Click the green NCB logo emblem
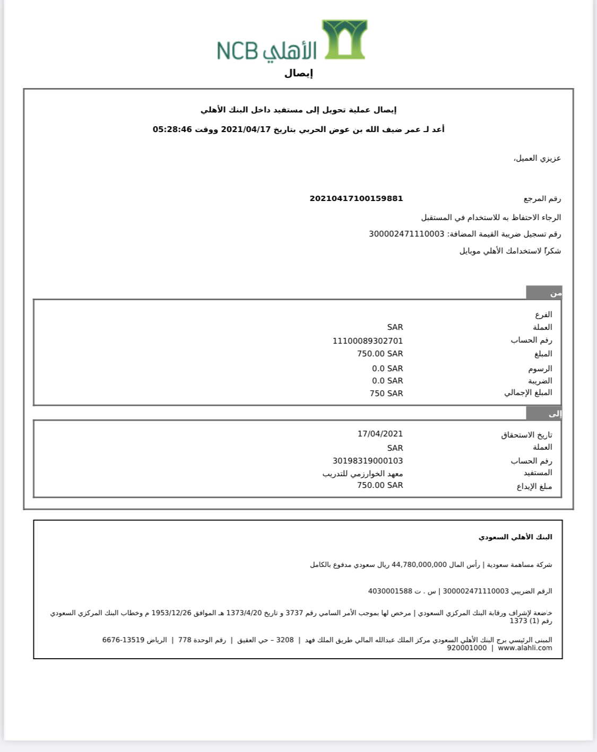[344, 40]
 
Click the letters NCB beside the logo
[237, 51]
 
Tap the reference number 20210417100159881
[356, 198]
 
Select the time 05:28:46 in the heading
[172, 129]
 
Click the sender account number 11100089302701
[367, 340]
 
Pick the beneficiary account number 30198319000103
[367, 461]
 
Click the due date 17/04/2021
[380, 434]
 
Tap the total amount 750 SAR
[386, 394]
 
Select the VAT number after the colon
[406, 234]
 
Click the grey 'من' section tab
[544, 293]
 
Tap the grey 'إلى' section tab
[544, 414]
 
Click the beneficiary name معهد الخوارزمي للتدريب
[362, 474]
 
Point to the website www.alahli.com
[524, 648]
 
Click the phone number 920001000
[466, 648]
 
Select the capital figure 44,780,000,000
[419, 565]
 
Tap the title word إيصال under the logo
[298, 73]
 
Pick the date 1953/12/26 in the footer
[171, 613]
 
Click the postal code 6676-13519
[123, 640]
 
